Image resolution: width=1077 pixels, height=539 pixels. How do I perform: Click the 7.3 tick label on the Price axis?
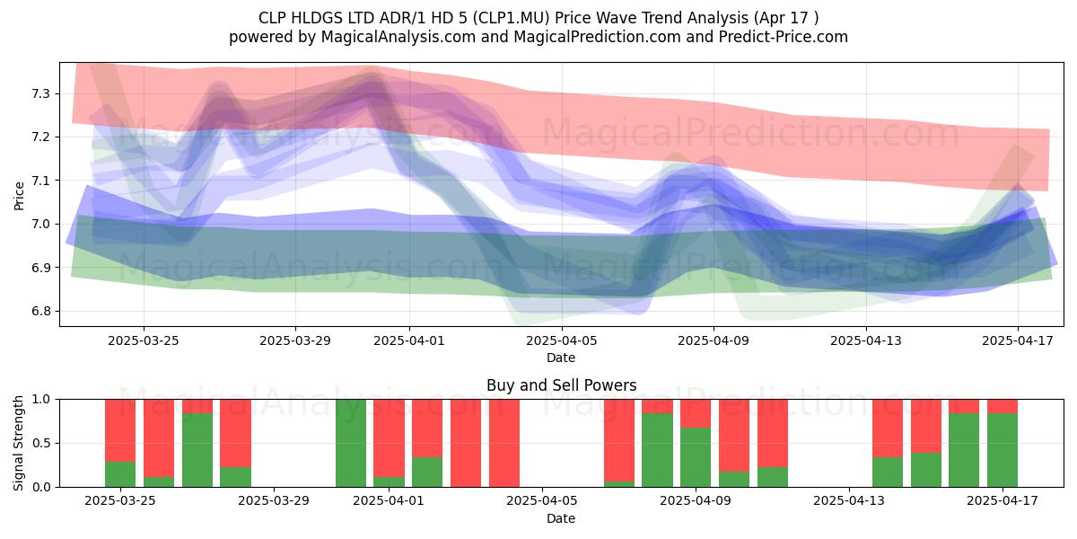coord(40,93)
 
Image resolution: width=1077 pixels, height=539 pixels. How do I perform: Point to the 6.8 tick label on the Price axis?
coord(40,311)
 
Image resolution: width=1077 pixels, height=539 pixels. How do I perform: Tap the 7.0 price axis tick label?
coord(40,224)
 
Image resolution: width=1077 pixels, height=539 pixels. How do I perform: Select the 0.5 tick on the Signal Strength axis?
coord(40,443)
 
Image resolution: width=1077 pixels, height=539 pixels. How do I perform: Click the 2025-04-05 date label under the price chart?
coord(561,340)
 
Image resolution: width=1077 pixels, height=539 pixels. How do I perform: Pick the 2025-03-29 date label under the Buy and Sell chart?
coord(274,500)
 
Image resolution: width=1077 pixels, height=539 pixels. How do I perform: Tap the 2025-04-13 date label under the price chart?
coord(866,340)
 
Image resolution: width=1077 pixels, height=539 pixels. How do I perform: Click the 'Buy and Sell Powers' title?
coord(561,385)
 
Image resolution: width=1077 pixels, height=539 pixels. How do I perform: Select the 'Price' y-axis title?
coord(19,196)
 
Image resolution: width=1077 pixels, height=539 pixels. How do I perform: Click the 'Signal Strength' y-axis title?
coord(18,443)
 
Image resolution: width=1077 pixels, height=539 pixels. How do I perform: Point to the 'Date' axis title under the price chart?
coord(561,358)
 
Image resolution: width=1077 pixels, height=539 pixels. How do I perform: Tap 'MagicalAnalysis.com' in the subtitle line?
coord(398,37)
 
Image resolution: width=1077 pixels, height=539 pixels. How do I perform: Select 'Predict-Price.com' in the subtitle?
coord(784,37)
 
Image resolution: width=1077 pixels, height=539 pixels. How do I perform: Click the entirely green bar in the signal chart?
coord(351,443)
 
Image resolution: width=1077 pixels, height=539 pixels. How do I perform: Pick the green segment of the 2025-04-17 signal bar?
coord(1003,450)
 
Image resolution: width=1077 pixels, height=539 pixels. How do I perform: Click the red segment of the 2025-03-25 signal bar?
coord(120,430)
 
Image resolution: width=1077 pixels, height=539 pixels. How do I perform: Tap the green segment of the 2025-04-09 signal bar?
coord(696,456)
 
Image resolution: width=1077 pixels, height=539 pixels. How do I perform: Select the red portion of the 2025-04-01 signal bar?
coord(389,438)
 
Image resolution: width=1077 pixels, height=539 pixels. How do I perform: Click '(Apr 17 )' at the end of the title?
coord(785,18)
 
